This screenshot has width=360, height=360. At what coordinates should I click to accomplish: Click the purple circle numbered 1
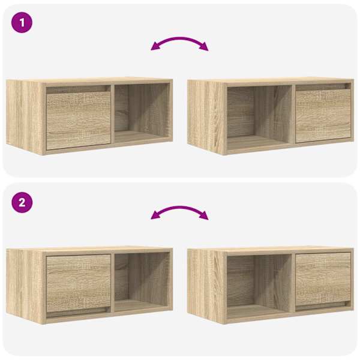point(22,23)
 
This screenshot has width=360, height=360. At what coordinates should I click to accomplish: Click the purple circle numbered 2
point(22,203)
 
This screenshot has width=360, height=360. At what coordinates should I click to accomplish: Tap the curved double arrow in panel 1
point(179,38)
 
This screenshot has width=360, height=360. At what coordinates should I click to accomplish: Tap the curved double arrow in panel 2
point(179,207)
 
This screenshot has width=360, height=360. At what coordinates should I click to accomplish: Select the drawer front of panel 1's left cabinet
point(79,121)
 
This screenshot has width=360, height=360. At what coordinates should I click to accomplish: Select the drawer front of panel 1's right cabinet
point(323,116)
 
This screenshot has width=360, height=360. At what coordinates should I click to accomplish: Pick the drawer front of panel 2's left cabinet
point(79,283)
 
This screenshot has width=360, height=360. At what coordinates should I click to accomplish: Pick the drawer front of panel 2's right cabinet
point(323,279)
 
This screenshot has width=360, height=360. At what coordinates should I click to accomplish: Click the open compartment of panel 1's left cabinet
point(142,113)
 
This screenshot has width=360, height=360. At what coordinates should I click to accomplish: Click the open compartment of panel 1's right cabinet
point(259,118)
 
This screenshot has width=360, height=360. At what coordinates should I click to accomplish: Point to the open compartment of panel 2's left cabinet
point(142,283)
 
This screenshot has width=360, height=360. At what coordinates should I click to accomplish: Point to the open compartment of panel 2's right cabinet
point(259,287)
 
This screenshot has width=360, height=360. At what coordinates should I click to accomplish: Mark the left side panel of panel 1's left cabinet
point(25,117)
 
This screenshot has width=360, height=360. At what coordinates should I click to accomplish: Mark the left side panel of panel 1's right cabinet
point(206,117)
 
